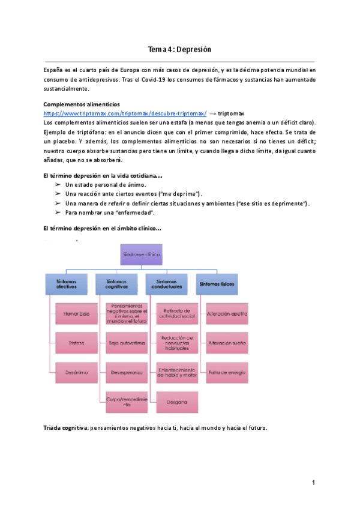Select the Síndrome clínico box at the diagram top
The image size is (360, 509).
click(x=142, y=254)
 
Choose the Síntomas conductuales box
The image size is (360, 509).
click(x=169, y=284)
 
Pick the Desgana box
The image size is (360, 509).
click(x=176, y=402)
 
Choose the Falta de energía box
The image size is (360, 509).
click(x=227, y=372)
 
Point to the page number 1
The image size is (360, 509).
click(x=313, y=483)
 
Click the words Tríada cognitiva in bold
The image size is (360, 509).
click(x=65, y=428)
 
